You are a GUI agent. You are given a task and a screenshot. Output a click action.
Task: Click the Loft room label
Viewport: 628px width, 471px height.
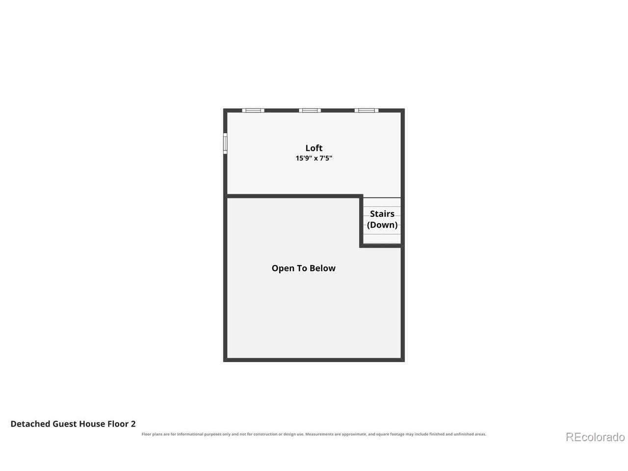pos(314,148)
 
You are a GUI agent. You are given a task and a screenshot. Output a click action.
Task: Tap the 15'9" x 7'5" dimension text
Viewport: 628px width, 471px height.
pos(314,158)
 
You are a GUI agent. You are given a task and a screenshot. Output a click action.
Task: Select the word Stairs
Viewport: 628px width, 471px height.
pos(382,213)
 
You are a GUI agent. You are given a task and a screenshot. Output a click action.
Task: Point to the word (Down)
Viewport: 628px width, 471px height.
pos(382,225)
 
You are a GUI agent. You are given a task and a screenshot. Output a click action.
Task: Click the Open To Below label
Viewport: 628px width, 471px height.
pos(303,268)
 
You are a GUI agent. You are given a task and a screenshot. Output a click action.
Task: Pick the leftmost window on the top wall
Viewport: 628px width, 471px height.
pos(253,110)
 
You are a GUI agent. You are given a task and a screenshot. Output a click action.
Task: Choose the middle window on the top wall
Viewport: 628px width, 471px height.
pos(310,110)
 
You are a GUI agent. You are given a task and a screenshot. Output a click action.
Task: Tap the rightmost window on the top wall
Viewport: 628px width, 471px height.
pos(366,110)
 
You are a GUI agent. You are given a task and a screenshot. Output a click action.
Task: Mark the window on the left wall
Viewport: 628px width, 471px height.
pos(225,143)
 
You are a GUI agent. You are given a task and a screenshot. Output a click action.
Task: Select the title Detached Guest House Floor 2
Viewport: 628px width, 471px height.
pos(73,424)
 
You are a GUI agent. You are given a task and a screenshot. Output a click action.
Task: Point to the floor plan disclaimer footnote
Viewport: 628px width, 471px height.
pos(314,434)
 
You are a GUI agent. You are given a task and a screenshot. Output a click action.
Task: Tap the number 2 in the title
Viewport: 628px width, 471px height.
pos(133,424)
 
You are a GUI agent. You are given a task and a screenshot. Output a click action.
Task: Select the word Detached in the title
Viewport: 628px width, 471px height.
pos(30,424)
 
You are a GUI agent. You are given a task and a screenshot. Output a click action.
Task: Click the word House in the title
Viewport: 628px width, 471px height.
pos(92,424)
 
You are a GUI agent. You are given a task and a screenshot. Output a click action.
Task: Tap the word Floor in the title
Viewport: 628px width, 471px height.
pos(118,424)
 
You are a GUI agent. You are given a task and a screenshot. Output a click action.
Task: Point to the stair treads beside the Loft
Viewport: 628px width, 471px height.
pos(382,220)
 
